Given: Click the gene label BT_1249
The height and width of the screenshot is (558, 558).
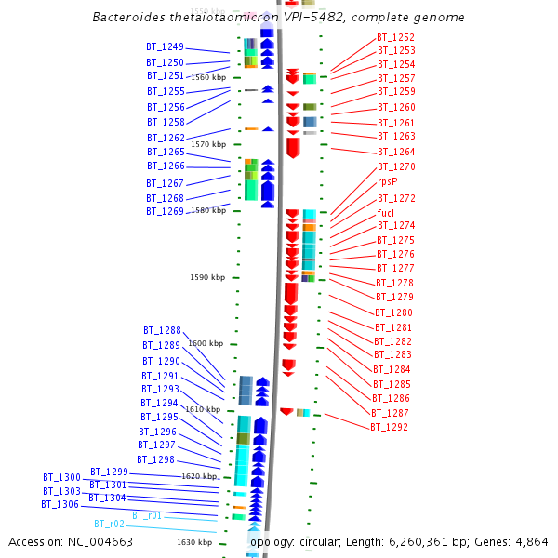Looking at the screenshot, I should [x=165, y=46].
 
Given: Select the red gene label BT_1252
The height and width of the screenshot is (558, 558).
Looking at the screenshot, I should [x=395, y=37].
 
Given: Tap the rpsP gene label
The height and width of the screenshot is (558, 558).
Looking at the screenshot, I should [x=388, y=182].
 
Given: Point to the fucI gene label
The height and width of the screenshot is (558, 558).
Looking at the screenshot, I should [x=386, y=213].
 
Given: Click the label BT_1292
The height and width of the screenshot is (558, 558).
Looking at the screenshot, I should [x=389, y=428].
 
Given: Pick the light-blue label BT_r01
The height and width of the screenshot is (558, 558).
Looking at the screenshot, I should [x=147, y=515].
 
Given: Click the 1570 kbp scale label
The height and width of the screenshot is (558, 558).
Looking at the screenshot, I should [x=207, y=144].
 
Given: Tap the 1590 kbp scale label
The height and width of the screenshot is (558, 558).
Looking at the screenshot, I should [x=207, y=277].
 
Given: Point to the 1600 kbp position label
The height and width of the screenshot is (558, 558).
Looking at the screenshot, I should [x=206, y=343].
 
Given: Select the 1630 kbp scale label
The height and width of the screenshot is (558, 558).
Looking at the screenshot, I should [x=194, y=542].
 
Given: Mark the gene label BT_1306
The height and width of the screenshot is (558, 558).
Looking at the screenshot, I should [x=60, y=504].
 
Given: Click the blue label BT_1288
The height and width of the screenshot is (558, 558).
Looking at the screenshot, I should [x=162, y=330].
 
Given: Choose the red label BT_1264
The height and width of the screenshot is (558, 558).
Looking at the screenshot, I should [x=396, y=152].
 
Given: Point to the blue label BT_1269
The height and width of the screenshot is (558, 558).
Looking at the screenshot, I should [x=165, y=211].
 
